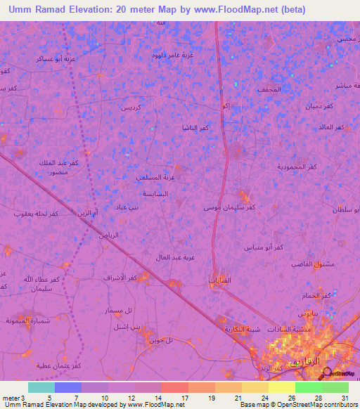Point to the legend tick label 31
pos(345,398)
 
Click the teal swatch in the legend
pos(41,387)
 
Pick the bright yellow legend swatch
pos(281,387)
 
